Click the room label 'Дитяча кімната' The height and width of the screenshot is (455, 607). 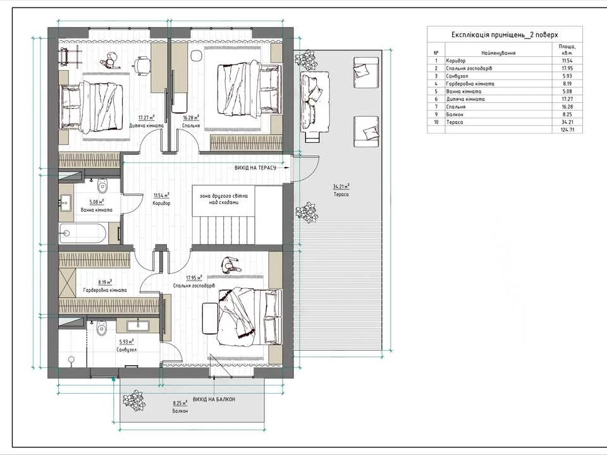[x=146, y=126]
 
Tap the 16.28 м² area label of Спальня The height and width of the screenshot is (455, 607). [x=191, y=118]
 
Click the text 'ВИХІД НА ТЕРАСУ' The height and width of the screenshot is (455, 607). [x=255, y=167]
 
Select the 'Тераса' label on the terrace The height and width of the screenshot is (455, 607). [x=341, y=194]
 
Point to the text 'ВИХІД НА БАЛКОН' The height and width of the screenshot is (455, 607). [x=214, y=399]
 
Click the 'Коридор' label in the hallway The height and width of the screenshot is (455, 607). [x=161, y=203]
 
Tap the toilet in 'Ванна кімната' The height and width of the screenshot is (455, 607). [x=102, y=186]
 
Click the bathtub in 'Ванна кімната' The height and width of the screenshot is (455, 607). [x=82, y=233]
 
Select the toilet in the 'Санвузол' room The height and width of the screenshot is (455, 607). [x=101, y=329]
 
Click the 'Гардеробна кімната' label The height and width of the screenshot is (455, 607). [x=105, y=290]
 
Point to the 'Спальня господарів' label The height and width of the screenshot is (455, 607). [x=194, y=286]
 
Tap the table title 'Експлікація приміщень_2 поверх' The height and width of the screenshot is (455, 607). [x=505, y=35]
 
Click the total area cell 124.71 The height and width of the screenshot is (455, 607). [x=567, y=130]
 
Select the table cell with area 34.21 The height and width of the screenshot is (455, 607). [x=567, y=122]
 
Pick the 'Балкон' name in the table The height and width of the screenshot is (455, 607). [x=455, y=114]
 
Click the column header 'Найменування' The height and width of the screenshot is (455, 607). [x=499, y=53]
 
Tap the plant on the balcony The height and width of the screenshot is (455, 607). [x=134, y=401]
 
